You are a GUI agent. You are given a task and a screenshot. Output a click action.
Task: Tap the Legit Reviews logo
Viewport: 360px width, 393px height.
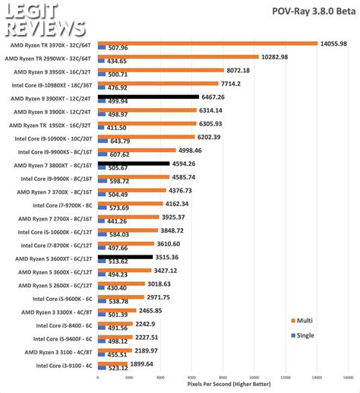click(x=46, y=19)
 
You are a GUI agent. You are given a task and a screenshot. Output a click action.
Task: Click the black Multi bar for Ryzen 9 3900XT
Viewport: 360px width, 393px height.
click(x=147, y=97)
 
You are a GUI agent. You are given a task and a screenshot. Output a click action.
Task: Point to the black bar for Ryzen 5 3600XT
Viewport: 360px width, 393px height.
click(x=122, y=257)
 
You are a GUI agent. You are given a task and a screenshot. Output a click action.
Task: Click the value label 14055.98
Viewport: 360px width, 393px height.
click(x=333, y=44)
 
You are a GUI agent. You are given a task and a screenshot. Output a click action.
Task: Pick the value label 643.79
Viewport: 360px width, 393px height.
click(x=120, y=141)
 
